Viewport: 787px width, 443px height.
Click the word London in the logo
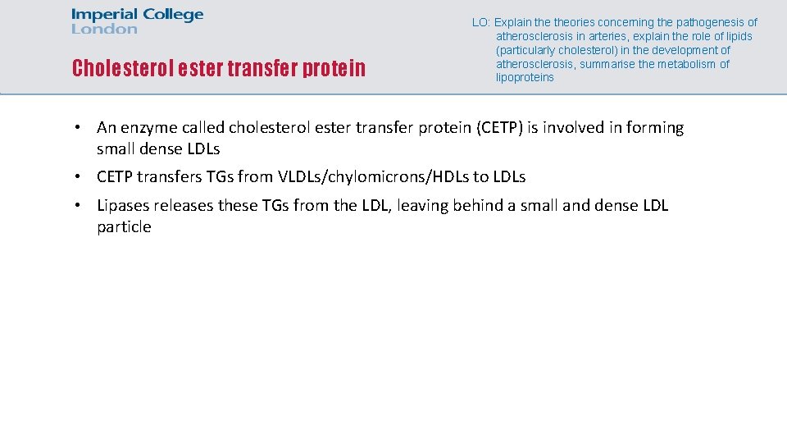click(x=104, y=29)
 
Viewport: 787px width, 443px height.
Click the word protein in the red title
click(x=334, y=68)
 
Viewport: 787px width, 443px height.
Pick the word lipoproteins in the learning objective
click(x=525, y=78)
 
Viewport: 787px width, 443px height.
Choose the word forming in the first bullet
click(x=655, y=128)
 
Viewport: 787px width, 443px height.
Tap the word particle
click(x=124, y=227)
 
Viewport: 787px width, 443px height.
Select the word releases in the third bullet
click(x=184, y=205)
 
